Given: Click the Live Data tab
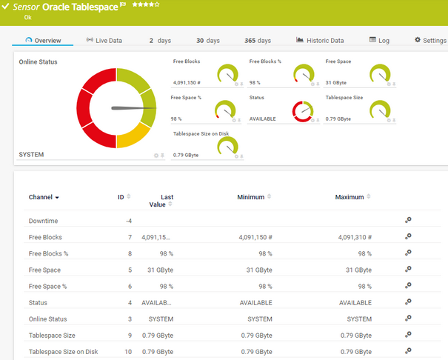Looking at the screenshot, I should click(x=104, y=40).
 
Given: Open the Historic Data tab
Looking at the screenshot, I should click(x=320, y=40).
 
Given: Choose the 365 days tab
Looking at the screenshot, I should click(x=258, y=40).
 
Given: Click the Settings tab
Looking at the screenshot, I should click(x=430, y=40).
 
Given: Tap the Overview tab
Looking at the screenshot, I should click(x=43, y=40).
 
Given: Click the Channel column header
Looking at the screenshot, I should click(x=44, y=198).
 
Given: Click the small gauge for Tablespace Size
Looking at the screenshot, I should click(x=380, y=110).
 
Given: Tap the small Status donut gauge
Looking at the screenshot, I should click(x=304, y=110).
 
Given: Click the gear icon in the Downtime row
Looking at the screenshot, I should click(x=407, y=220).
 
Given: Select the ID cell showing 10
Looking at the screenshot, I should click(x=128, y=352).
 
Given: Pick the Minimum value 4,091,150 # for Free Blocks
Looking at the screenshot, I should click(x=255, y=238).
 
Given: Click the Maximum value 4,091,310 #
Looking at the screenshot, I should click(x=355, y=238).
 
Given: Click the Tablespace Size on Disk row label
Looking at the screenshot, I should click(x=63, y=352).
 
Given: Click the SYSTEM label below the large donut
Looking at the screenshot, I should click(x=31, y=155).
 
